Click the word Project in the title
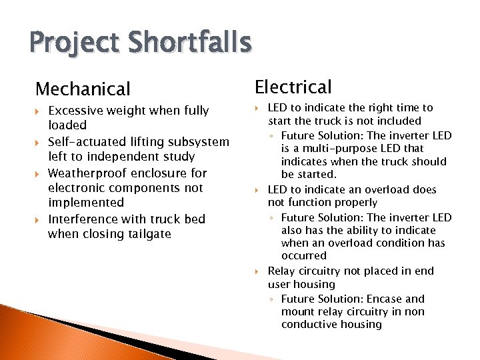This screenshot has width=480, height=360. click(71, 44)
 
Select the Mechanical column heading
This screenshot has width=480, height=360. click(83, 89)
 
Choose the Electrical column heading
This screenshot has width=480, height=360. click(293, 87)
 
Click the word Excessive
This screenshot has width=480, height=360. click(75, 111)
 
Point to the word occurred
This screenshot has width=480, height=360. click(304, 256)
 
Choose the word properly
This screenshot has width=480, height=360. click(354, 203)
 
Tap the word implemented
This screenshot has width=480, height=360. click(86, 203)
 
